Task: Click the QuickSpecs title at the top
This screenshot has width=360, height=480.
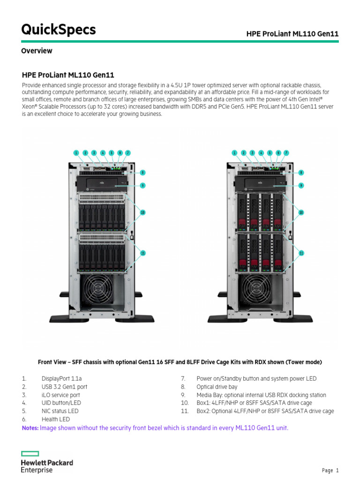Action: tap(59, 30)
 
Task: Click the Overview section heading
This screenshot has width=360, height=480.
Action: tap(37, 51)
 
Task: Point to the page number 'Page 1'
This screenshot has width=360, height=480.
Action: tap(330, 470)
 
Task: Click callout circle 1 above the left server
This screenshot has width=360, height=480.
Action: tap(76, 153)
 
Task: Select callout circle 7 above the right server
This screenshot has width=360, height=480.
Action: tap(286, 153)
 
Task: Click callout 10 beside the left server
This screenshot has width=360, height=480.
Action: tap(142, 212)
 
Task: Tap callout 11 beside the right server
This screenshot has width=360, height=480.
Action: tap(301, 253)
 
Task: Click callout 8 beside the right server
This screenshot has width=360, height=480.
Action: tap(301, 172)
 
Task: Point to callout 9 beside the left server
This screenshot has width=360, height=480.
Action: tap(142, 185)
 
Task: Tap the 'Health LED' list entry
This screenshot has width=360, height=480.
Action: tap(55, 419)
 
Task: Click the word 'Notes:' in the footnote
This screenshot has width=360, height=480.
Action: tap(30, 428)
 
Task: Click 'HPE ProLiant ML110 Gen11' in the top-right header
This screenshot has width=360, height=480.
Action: tap(292, 34)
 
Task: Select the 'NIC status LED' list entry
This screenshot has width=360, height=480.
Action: tap(60, 411)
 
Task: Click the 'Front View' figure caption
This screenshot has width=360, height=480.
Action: tap(180, 362)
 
